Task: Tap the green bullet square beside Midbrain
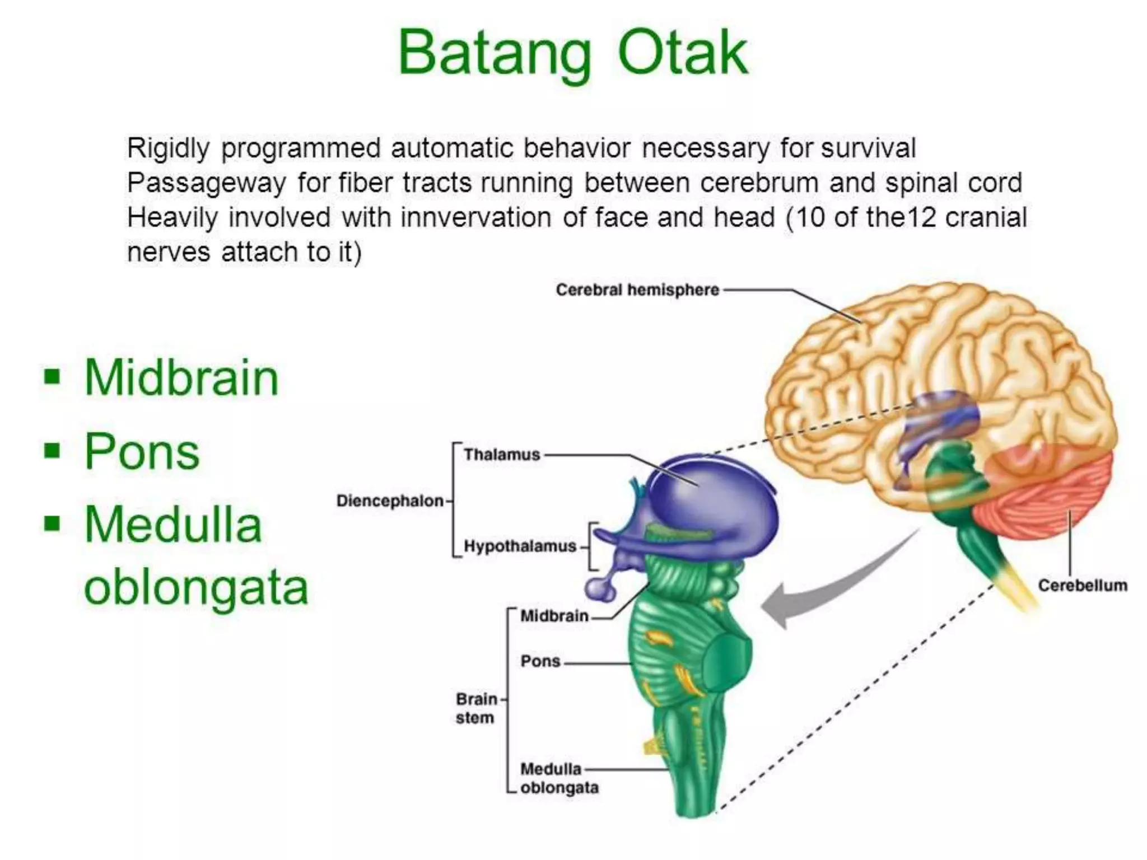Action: [x=52, y=377]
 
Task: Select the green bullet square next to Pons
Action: [x=52, y=450]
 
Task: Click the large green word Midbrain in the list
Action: [x=181, y=378]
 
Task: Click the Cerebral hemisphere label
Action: [x=637, y=290]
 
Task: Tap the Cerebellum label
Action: [x=1082, y=586]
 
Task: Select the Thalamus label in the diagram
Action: [x=502, y=455]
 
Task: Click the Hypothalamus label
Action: [x=520, y=546]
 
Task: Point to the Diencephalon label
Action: [x=390, y=501]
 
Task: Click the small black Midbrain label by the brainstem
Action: [x=554, y=616]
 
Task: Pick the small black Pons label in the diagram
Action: [x=540, y=661]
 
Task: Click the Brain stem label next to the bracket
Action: [x=476, y=708]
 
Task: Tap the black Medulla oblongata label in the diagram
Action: [x=558, y=778]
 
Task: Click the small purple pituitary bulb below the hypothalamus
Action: [x=599, y=588]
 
